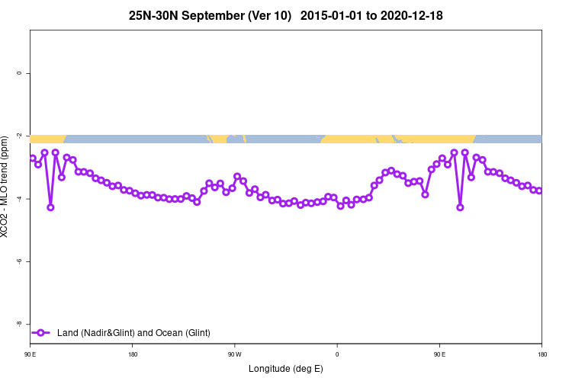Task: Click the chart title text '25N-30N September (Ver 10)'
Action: [x=214, y=15]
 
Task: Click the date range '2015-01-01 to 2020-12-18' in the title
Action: [x=371, y=15]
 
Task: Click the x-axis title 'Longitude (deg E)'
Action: [x=286, y=369]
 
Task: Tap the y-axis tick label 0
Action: [x=19, y=73]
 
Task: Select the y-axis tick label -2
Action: [x=19, y=136]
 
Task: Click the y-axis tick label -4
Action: [x=19, y=199]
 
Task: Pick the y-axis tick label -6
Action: [x=19, y=261]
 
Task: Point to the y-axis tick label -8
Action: [x=19, y=324]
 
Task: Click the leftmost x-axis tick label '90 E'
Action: [x=30, y=354]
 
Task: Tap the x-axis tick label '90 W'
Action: [x=234, y=354]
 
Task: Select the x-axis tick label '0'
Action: [x=337, y=354]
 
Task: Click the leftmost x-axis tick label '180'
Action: [x=133, y=354]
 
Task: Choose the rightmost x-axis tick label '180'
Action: [x=541, y=354]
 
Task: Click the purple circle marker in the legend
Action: [x=42, y=332]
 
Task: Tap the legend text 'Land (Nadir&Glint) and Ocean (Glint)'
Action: [x=133, y=332]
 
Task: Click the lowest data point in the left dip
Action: [x=50, y=207]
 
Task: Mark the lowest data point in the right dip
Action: [x=460, y=207]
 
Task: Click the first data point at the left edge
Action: [x=33, y=158]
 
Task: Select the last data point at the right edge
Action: [x=538, y=190]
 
